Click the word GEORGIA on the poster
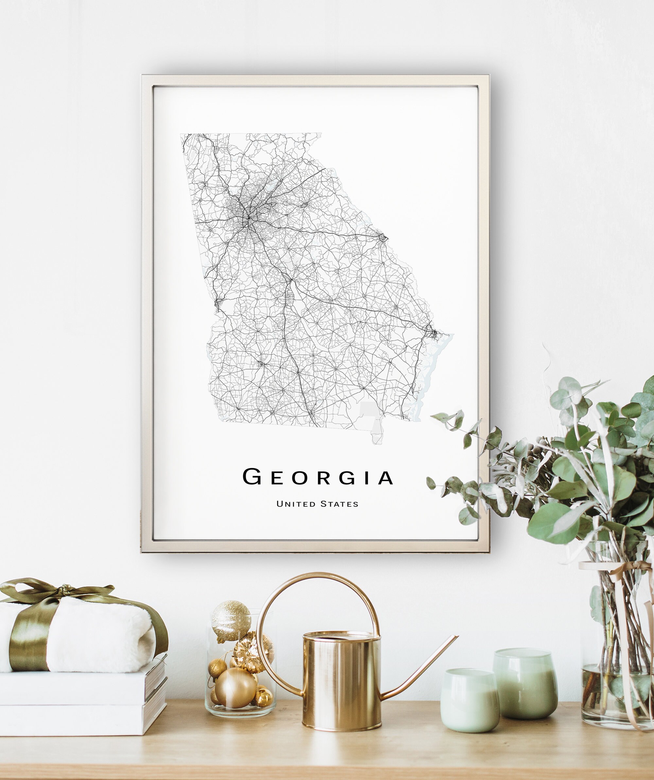(317, 477)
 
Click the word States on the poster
(339, 504)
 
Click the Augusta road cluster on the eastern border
(382, 237)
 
